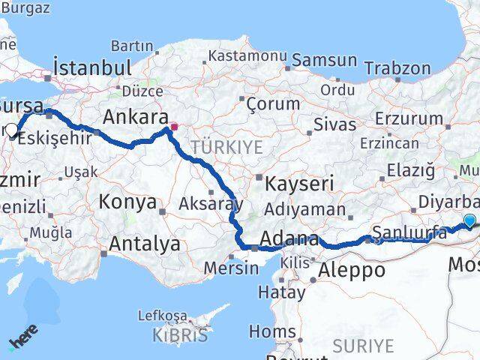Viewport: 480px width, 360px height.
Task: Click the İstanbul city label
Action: [93, 67]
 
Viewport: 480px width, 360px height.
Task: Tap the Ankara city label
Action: [135, 117]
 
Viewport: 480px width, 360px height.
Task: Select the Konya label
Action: [128, 202]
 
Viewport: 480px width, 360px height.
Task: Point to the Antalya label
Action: [145, 244]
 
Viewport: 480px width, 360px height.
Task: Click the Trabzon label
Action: [397, 67]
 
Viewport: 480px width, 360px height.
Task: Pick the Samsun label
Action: [325, 60]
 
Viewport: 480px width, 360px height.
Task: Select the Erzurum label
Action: [409, 118]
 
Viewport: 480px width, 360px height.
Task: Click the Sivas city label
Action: [313, 123]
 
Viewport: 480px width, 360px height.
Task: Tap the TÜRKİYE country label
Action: [226, 147]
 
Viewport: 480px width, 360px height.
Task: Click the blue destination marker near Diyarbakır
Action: [469, 220]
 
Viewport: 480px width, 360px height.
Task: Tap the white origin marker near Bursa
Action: [11, 130]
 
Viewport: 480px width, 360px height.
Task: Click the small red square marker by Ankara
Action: [174, 127]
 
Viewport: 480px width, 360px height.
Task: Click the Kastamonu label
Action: [247, 56]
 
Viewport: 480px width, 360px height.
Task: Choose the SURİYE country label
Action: [363, 345]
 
